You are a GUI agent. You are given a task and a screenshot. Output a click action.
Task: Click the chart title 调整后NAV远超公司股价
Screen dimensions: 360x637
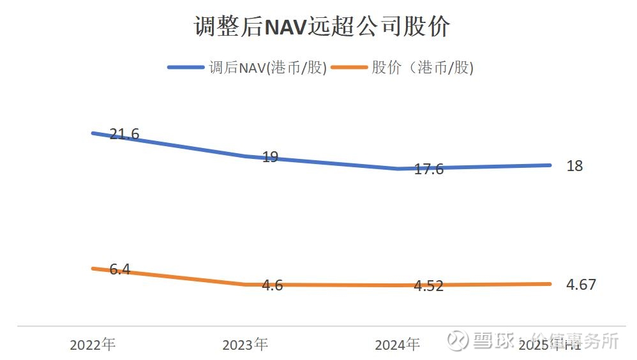322,27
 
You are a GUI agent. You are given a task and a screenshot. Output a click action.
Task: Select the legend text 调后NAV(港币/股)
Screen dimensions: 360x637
267,68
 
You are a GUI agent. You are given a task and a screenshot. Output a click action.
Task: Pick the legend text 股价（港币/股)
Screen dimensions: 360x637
422,68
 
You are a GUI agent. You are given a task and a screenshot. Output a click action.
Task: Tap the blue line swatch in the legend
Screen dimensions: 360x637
186,68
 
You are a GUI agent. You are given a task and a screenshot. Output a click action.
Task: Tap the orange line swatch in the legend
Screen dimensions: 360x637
348,68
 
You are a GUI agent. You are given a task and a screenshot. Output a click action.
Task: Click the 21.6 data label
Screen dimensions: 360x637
124,134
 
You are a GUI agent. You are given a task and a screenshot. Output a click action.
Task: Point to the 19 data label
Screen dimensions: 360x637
270,157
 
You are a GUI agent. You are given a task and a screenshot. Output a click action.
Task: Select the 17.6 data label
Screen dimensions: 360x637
428,170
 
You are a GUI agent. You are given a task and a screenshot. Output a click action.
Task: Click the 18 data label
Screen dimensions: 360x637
574,166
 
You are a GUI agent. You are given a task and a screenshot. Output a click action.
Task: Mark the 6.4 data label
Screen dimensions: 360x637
119,269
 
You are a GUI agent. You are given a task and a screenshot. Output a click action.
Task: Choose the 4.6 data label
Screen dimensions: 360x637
273,285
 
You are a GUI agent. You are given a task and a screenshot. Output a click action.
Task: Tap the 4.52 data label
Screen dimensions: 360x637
428,286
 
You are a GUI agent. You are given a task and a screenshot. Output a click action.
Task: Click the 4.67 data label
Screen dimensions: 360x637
581,285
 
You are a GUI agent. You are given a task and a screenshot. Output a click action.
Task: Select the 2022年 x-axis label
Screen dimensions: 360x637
93,345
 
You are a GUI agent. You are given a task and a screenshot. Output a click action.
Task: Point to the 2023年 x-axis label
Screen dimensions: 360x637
245,345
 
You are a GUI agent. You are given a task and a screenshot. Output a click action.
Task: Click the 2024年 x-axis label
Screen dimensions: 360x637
397,345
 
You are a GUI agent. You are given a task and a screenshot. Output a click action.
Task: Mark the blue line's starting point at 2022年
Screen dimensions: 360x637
93,133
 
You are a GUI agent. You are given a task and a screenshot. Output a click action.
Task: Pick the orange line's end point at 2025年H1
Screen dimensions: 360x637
550,284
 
